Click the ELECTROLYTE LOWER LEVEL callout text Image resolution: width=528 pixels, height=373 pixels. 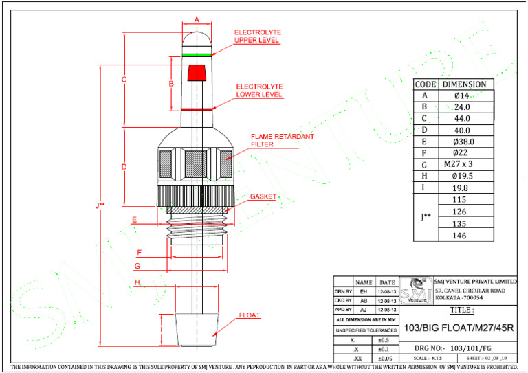click(259, 91)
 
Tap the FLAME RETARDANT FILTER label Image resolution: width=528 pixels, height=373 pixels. click(282, 141)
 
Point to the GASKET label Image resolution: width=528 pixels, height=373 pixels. click(263, 196)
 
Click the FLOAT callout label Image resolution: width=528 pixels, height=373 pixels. click(250, 315)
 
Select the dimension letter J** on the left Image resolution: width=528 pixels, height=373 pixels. click(102, 203)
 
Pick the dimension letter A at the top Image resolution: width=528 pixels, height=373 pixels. click(197, 20)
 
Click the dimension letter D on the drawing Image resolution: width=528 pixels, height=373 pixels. click(124, 167)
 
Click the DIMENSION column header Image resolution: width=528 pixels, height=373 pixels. click(463, 84)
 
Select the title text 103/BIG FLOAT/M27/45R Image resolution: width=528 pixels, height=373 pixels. click(459, 327)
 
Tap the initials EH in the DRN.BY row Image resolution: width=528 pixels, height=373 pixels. click(364, 291)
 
